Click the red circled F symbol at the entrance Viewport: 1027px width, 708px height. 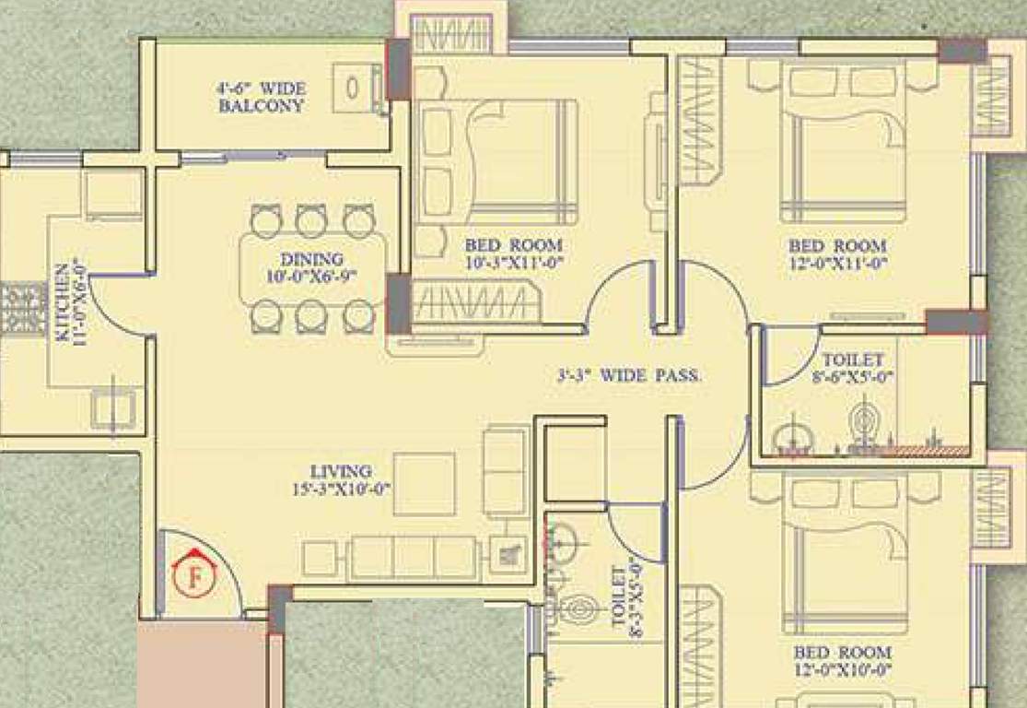pos(194,579)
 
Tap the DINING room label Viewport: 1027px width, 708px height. pos(311,266)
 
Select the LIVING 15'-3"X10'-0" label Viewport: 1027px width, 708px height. pos(341,479)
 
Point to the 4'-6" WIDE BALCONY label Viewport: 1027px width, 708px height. pos(262,97)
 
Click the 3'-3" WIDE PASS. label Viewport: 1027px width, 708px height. pos(630,376)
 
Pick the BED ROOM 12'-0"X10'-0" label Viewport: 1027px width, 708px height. pos(843,661)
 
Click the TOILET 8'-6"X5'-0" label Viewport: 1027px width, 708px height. pos(853,368)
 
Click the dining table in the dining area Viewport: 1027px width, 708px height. pos(312,267)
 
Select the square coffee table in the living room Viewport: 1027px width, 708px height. pos(424,484)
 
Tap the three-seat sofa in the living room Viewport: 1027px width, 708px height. pos(413,559)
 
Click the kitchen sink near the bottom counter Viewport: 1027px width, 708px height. pos(113,408)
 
